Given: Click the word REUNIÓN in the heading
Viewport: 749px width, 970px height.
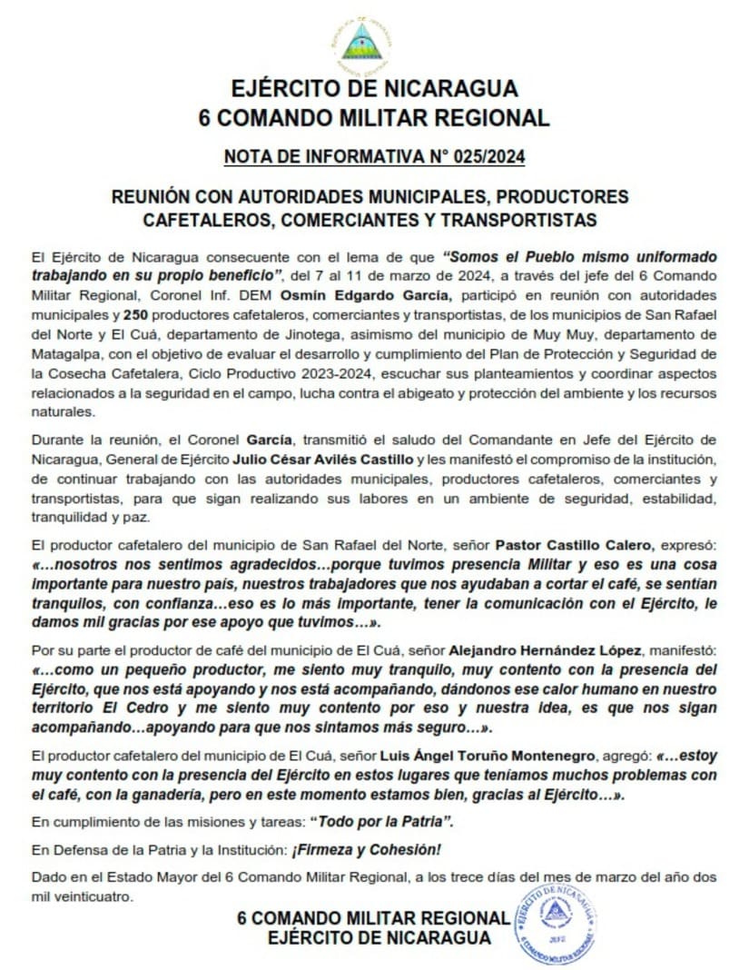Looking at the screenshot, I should click(x=153, y=196).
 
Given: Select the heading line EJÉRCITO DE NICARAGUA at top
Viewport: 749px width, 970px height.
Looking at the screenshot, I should click(x=373, y=89).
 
